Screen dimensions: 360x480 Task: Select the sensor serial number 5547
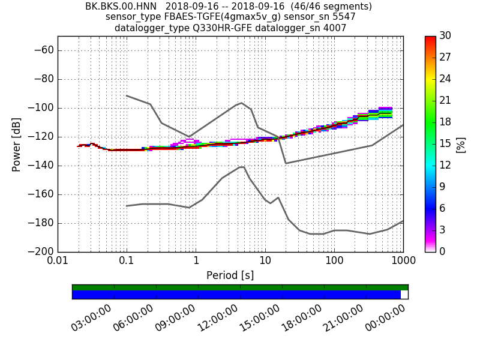[343, 17]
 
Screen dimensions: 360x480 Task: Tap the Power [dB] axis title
[17, 145]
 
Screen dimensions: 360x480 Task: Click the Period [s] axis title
[230, 275]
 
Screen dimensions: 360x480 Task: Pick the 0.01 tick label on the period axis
[58, 260]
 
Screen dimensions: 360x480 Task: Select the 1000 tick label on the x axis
[403, 260]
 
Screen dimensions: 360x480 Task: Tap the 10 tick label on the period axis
[265, 260]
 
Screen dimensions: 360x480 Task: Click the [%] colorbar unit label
[461, 145]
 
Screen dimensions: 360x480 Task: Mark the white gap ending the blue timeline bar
[404, 295]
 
